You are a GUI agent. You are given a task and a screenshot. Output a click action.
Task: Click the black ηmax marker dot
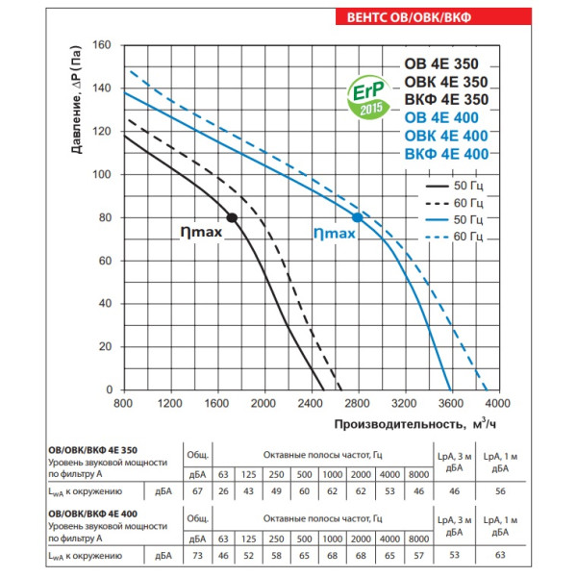coord(232,218)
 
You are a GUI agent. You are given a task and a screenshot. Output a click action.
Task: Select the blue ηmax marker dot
coord(357,218)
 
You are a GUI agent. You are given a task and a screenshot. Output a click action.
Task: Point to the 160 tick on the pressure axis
coord(103,45)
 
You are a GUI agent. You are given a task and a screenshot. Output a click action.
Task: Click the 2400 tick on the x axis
coord(310,403)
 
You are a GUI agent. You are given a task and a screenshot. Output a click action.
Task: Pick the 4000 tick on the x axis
coord(497,403)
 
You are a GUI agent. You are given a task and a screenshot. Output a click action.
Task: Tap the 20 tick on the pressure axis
coord(106,347)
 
